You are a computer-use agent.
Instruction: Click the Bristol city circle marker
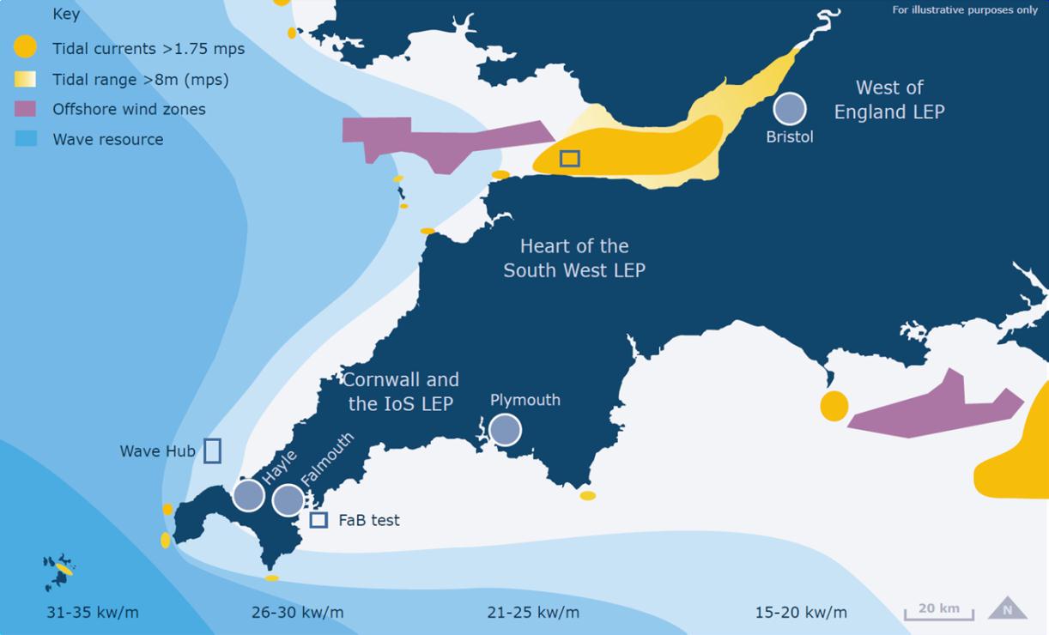[x=789, y=109]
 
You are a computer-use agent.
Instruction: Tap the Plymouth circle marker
[x=505, y=429]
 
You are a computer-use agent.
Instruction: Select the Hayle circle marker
[x=248, y=495]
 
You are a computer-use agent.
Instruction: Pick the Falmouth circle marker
[x=288, y=499]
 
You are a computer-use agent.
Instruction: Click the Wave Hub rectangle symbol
[x=212, y=451]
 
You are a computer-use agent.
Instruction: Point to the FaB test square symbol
[x=318, y=520]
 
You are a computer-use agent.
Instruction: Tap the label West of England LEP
[x=888, y=100]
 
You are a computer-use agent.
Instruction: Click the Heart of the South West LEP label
[x=574, y=258]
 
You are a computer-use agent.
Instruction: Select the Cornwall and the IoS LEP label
[x=400, y=391]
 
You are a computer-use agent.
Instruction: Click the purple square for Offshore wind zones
[x=26, y=109]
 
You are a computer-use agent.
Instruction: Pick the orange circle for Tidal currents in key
[x=26, y=47]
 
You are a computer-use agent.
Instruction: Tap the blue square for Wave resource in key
[x=26, y=139]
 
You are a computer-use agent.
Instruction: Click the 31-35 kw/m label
[x=92, y=613]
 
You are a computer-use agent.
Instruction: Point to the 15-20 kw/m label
[x=800, y=613]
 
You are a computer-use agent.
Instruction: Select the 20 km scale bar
[x=938, y=613]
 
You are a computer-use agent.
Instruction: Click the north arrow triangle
[x=1007, y=608]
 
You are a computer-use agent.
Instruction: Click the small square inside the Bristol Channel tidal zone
[x=569, y=158]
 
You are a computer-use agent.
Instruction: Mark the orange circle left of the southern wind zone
[x=834, y=406]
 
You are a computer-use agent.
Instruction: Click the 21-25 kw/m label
[x=532, y=613]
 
